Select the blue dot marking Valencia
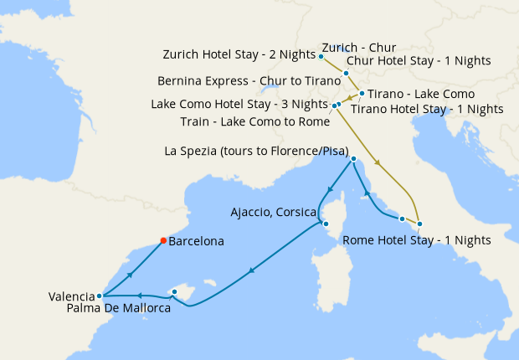[100, 296]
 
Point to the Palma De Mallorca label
[118, 309]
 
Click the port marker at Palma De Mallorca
[173, 292]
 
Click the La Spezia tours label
[258, 152]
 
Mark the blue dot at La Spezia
[353, 159]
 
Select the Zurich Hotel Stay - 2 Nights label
[239, 56]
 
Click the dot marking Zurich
[321, 56]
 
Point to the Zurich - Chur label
[360, 48]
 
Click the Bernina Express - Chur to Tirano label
[249, 81]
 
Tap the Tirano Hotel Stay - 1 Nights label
[427, 109]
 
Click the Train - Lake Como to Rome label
[254, 121]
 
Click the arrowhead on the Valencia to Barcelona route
[130, 273]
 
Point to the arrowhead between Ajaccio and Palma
[250, 271]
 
